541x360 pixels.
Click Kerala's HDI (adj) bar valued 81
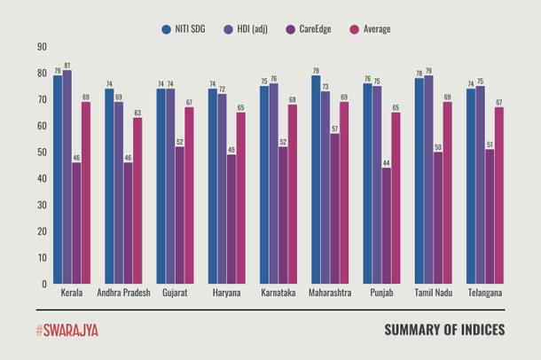coord(67,177)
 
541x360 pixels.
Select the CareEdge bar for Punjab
coord(387,226)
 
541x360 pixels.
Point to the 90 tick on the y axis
coord(41,46)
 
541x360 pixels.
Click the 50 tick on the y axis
coord(41,153)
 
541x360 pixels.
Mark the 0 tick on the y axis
coord(43,285)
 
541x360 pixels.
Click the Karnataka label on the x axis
coord(279,293)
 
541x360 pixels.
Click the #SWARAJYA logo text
coord(67,330)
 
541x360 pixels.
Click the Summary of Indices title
coord(444,330)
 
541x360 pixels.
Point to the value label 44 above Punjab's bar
coord(387,162)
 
